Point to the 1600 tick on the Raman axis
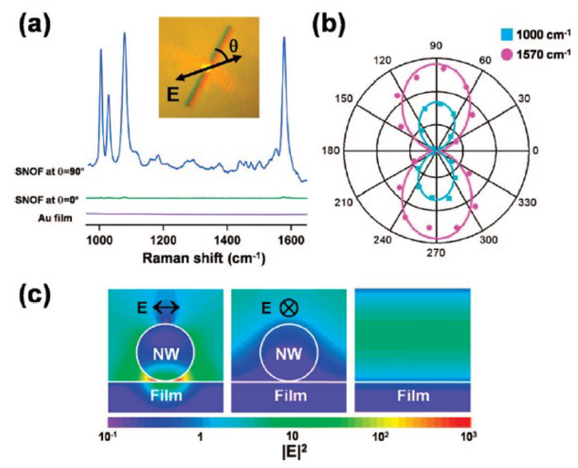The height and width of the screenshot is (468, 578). (x=291, y=240)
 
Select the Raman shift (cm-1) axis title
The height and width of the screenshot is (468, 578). (x=204, y=258)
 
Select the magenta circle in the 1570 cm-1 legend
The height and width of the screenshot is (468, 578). (x=507, y=55)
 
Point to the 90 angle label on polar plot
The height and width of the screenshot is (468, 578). (x=436, y=46)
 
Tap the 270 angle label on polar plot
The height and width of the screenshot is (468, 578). (x=436, y=253)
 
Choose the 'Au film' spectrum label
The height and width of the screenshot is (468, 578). (x=55, y=218)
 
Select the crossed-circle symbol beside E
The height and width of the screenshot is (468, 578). (x=288, y=308)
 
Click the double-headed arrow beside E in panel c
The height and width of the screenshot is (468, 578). (x=166, y=307)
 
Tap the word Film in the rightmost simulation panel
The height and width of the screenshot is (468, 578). (x=413, y=395)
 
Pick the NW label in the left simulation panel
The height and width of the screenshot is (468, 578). (x=166, y=354)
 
